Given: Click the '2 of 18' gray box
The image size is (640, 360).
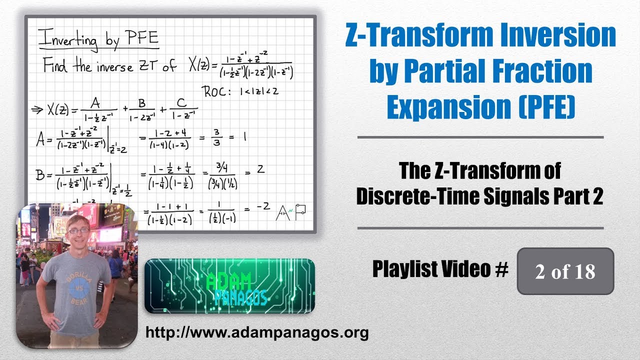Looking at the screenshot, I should [565, 271].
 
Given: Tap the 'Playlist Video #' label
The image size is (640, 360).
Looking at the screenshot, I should [440, 270].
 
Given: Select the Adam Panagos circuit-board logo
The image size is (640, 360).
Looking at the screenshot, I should [229, 286].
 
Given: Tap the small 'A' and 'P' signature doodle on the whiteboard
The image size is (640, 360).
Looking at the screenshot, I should [289, 212].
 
